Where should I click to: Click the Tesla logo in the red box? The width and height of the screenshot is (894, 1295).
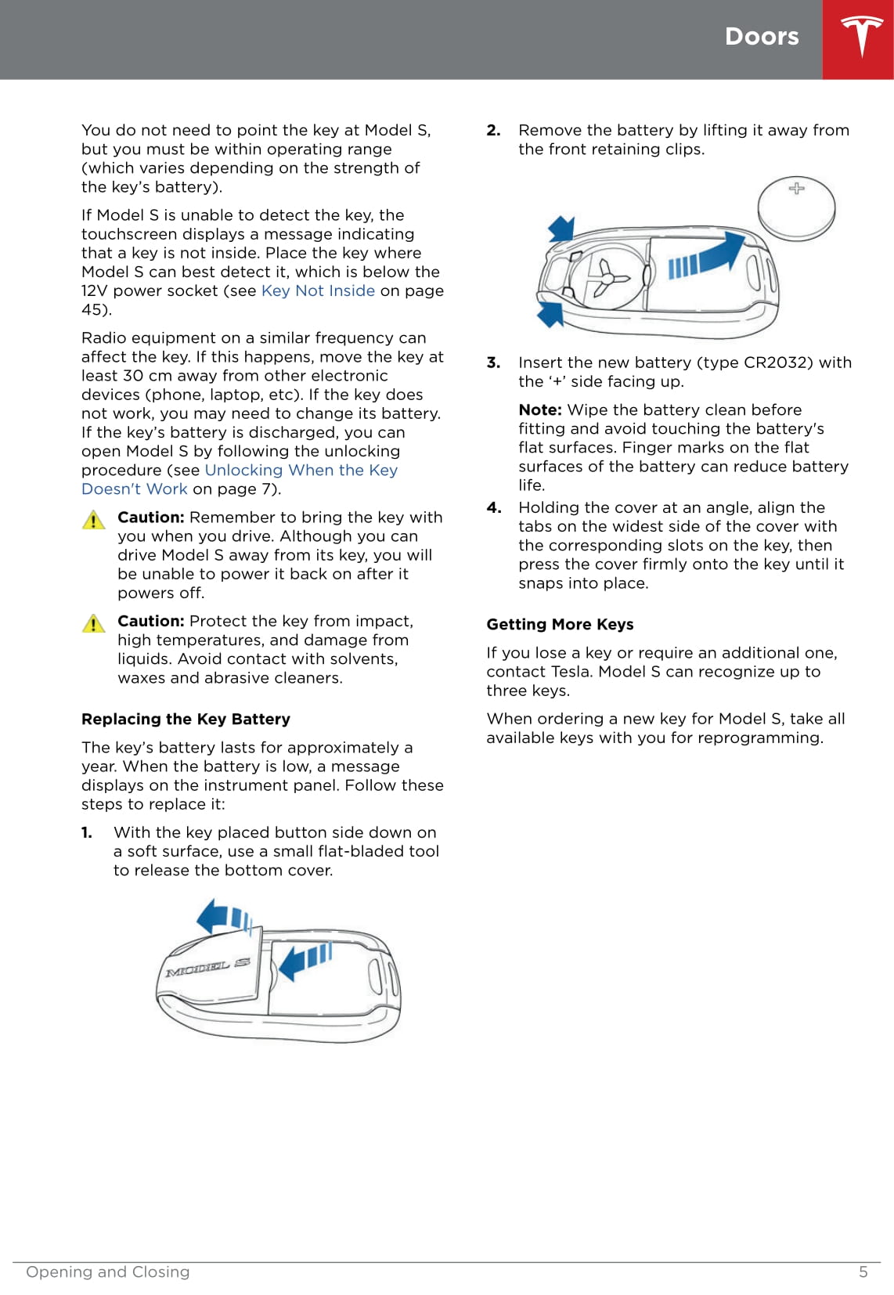861,37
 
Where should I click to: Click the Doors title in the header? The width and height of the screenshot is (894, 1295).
761,37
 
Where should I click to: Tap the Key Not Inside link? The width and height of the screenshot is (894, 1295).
318,290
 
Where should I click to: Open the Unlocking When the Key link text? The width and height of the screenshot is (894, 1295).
301,470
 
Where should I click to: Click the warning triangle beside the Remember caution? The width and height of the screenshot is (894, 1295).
93,520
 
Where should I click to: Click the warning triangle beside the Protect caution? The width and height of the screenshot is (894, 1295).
93,623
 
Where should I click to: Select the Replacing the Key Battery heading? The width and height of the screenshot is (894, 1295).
186,719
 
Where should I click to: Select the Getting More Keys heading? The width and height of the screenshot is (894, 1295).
560,624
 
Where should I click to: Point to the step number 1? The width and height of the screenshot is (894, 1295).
87,832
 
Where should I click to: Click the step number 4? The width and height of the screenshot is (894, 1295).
493,507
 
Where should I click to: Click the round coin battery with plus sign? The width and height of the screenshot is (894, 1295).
796,207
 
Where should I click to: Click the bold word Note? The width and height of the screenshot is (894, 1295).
540,409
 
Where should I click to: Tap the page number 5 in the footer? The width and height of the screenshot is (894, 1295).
863,1272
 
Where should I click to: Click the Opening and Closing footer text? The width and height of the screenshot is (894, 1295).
108,1272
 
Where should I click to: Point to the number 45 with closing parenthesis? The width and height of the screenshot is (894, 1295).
96,309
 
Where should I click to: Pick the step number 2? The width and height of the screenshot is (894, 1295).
493,130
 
